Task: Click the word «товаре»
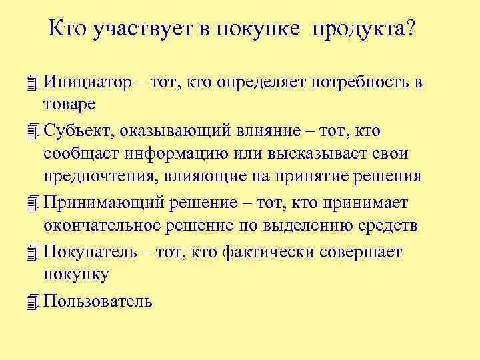69,103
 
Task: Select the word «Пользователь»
97,301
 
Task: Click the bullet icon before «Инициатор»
33,83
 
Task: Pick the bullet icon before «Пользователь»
33,301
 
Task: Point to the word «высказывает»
319,153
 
